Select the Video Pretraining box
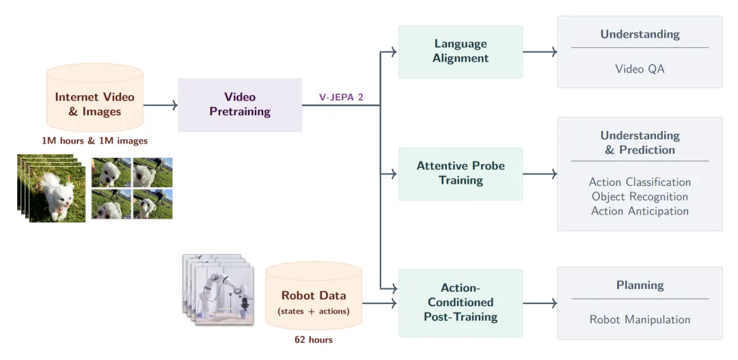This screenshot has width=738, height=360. pos(240,105)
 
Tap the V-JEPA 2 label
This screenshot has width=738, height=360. pos(341,97)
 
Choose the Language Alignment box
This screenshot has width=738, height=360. pos(461,51)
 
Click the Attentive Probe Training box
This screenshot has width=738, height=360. pos(461,174)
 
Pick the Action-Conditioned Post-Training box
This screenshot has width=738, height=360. pos(461,303)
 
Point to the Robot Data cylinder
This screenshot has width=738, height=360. pos(314,299)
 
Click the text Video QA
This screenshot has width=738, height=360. pos(640,69)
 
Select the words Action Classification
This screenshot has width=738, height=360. pos(640,182)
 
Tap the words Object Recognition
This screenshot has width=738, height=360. pos(640,197)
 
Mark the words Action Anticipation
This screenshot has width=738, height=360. pos(640,211)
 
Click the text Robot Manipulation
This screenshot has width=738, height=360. pos(640,320)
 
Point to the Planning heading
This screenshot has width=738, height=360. pos(640,285)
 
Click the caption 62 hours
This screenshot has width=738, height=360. pos(314,340)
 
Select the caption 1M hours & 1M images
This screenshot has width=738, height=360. pos(94,141)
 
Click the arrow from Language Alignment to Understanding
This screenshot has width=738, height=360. pos(540,52)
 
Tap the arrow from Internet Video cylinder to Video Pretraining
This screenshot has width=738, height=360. pos(161,105)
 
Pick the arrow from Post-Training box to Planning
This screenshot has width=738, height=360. pos(540,303)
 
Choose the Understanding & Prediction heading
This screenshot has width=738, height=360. pos(640,143)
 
